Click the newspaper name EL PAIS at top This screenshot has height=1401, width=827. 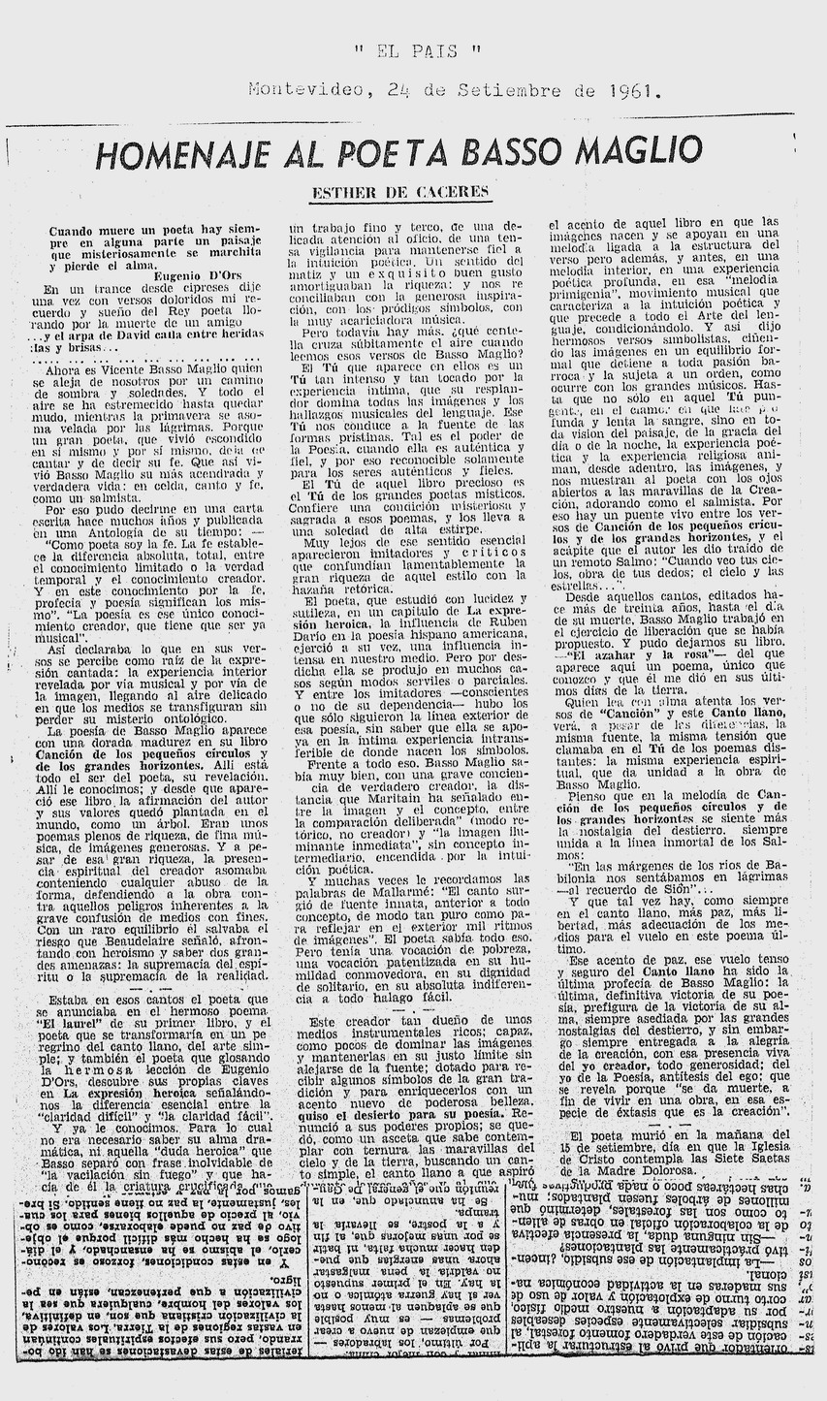click(x=416, y=51)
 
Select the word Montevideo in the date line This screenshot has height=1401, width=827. click(x=309, y=91)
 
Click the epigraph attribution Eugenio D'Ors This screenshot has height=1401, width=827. click(x=205, y=275)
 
